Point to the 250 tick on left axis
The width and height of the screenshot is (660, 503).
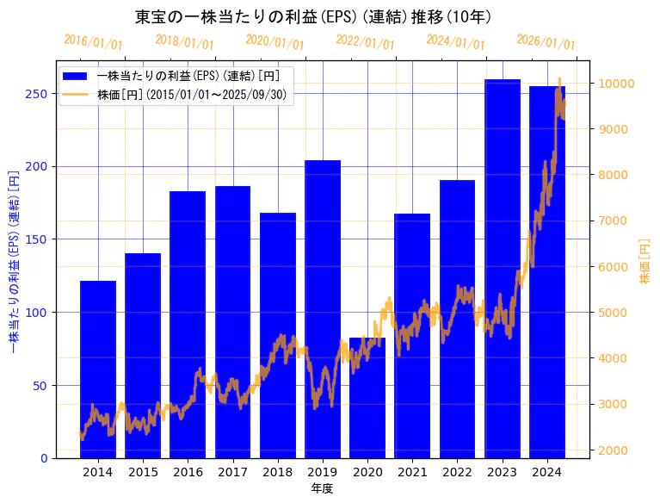pos(41,93)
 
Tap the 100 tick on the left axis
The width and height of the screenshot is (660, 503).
pos(41,312)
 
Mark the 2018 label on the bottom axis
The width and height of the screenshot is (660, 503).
pos(277,472)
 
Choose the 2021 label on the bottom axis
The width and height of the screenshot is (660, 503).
pos(412,472)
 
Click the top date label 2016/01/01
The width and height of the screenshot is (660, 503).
pos(93,42)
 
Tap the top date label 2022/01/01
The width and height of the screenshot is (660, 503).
pos(365,42)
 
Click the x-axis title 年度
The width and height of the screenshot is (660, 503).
pos(322,488)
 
